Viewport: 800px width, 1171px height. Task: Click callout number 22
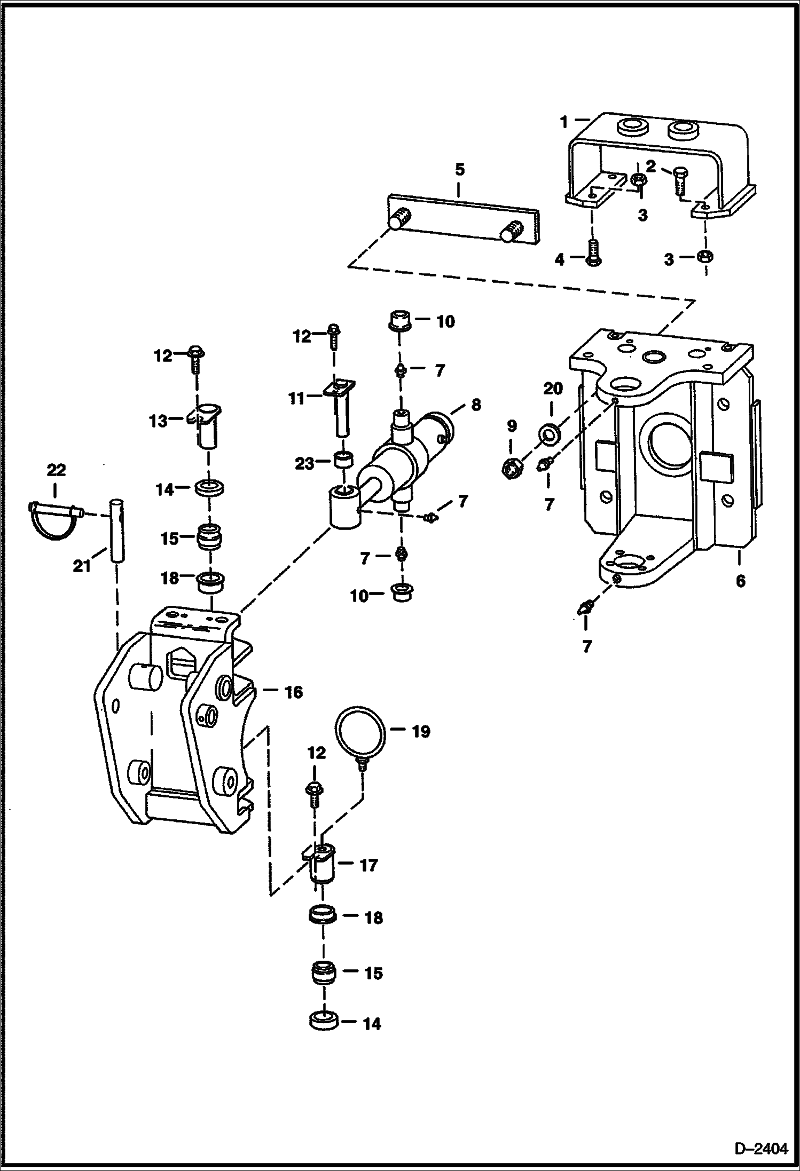[56, 470]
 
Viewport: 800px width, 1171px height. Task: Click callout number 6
[740, 581]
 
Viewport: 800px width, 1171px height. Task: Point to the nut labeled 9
[512, 469]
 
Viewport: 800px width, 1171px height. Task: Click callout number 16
[294, 693]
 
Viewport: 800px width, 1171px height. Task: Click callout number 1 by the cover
[564, 122]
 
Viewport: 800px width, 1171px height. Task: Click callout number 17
[368, 865]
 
